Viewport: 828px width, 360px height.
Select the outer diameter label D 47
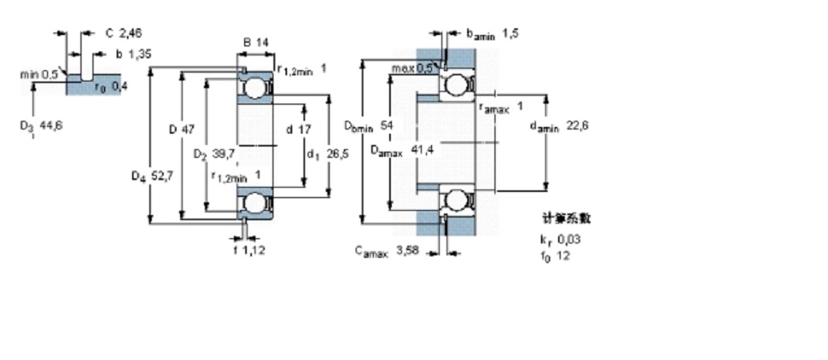tap(182, 129)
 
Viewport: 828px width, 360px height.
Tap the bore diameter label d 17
tap(298, 129)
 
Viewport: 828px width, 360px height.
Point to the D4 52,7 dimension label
tap(147, 177)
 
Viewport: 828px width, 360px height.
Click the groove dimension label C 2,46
tap(123, 33)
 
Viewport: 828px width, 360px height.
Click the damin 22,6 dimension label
tap(558, 126)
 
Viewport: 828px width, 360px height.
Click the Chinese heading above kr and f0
tap(567, 219)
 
